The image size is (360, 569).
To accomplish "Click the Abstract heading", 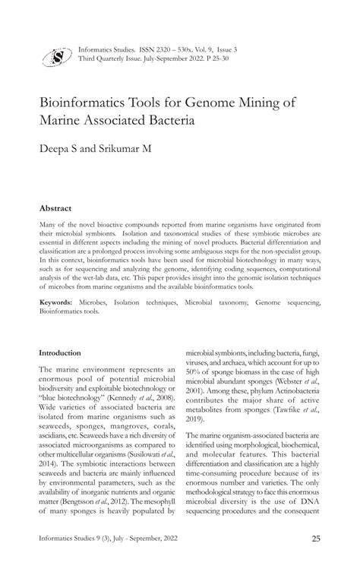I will pos(55,208).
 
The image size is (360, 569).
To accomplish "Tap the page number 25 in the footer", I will pos(314,539).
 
